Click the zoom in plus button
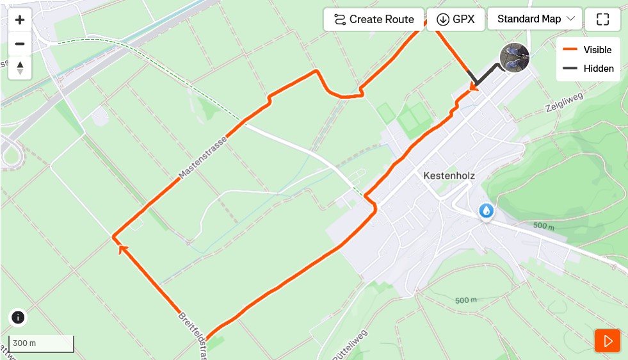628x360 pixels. [x=20, y=20]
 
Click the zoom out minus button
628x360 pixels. [x=20, y=44]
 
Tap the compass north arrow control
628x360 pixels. [x=20, y=67]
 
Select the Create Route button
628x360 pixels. [x=374, y=19]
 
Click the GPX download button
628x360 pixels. [x=455, y=19]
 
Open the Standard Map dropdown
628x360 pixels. [x=535, y=19]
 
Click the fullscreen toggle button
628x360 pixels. [x=602, y=19]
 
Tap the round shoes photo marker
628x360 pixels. [x=515, y=58]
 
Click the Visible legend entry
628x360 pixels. [x=588, y=50]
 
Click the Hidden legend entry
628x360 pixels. [x=588, y=69]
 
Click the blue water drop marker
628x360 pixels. [x=487, y=210]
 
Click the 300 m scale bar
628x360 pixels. [x=41, y=343]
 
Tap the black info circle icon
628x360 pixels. [x=18, y=317]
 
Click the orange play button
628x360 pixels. [x=608, y=341]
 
